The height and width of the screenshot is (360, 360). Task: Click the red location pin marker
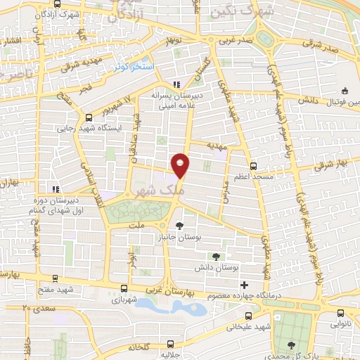click(x=181, y=165)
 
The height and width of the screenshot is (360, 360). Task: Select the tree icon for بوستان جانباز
click(x=180, y=226)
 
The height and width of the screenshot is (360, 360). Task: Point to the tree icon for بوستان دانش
click(x=215, y=256)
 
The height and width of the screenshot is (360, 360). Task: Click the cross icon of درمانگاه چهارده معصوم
click(x=243, y=285)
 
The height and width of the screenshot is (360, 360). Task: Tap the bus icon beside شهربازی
click(x=124, y=288)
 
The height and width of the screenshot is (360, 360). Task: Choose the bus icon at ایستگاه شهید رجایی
click(x=88, y=117)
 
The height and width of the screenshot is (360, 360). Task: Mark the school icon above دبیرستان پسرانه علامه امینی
click(x=176, y=84)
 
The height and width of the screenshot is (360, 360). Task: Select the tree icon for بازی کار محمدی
click(x=291, y=344)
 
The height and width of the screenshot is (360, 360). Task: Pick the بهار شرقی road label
click(x=328, y=165)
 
